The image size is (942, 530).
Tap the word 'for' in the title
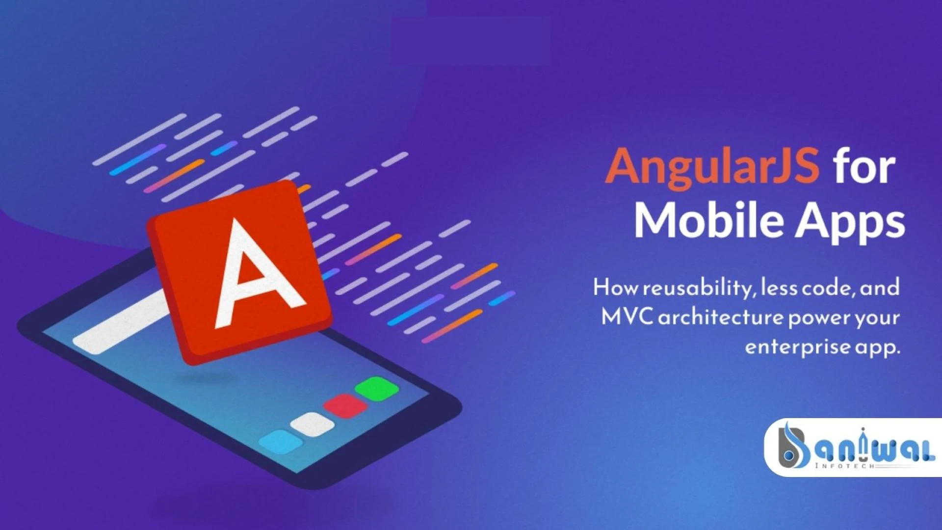[864, 167]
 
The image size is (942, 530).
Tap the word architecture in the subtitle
[720, 318]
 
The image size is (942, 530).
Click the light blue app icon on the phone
[280, 442]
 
